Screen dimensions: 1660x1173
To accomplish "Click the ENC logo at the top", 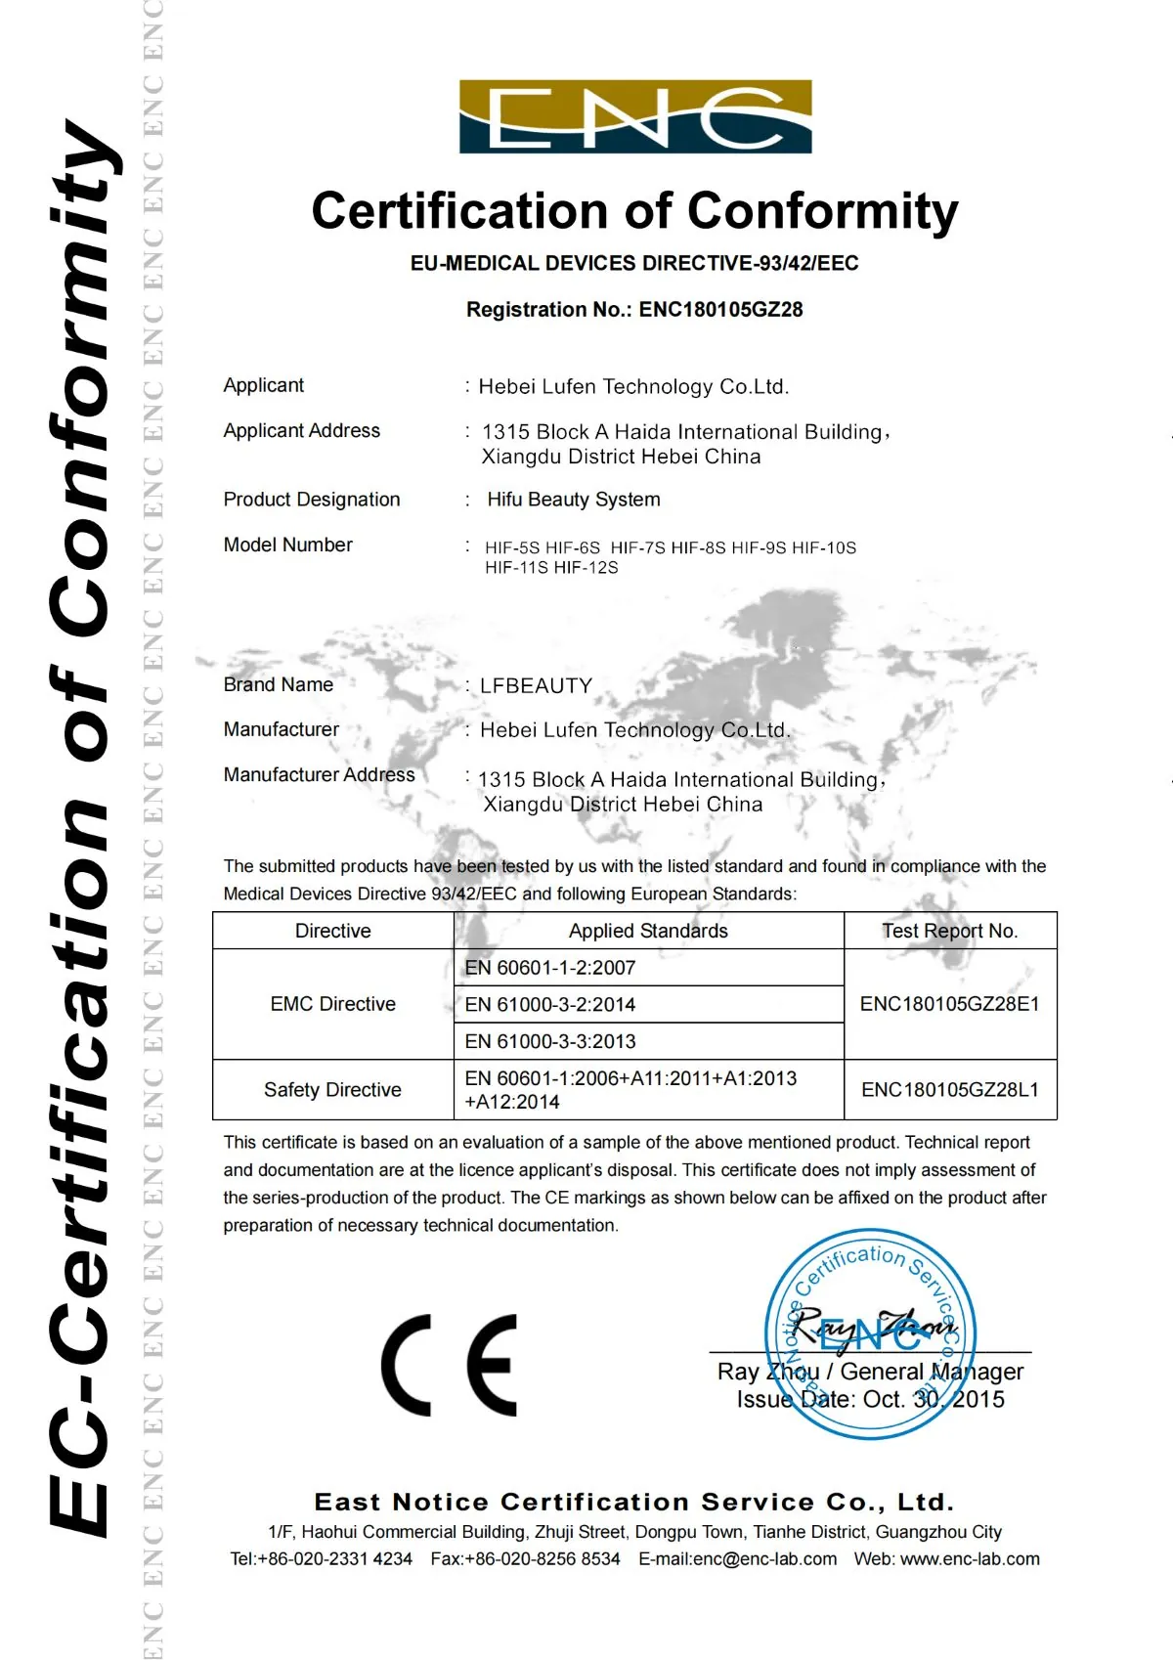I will click(635, 116).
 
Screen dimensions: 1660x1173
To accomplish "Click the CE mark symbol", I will click(449, 1365).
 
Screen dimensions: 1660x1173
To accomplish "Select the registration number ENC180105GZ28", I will click(721, 310).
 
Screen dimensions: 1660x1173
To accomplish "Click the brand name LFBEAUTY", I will click(536, 685).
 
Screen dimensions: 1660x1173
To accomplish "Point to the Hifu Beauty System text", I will click(574, 500).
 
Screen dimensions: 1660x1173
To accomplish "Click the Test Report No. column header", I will click(949, 931).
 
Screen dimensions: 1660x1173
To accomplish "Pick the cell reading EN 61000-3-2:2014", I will click(550, 1004).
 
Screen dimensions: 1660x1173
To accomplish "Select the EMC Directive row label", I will click(332, 1004).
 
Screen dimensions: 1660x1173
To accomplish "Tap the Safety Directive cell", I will click(332, 1090).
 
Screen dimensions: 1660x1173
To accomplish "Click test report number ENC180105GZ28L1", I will click(949, 1090).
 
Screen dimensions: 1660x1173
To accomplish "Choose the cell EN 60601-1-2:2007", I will click(550, 968).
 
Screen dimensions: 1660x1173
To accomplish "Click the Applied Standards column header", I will click(648, 931).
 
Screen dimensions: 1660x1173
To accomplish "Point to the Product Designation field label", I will click(312, 500).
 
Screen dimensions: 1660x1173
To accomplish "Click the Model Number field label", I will click(287, 545).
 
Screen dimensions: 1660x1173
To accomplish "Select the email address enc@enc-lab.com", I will click(764, 1559).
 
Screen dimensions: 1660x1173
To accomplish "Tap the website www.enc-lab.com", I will click(970, 1559).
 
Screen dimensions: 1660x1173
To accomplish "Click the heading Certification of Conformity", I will click(635, 211).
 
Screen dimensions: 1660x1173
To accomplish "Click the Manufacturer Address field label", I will click(319, 775).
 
